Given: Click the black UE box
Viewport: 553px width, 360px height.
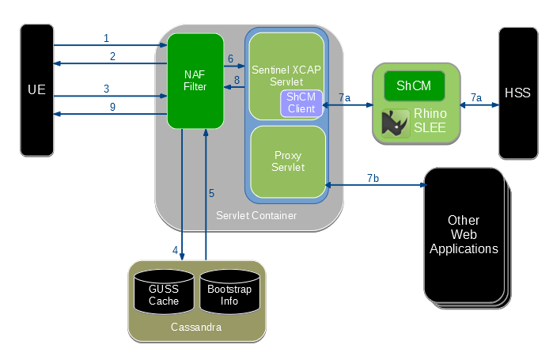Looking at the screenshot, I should (x=36, y=89).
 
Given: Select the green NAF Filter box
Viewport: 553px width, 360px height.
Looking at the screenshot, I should (x=195, y=80).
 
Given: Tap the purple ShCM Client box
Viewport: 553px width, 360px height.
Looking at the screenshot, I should (x=301, y=103).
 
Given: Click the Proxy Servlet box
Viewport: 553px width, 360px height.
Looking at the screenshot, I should (x=288, y=161).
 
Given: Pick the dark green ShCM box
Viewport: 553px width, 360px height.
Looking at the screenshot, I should (x=414, y=85).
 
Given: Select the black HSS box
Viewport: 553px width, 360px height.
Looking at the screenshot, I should (x=517, y=93).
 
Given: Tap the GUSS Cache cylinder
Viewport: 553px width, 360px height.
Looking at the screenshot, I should (x=164, y=295).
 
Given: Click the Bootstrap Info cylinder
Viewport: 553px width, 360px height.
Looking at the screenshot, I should (x=229, y=295).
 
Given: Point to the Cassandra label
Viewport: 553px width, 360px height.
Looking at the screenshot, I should (x=196, y=327).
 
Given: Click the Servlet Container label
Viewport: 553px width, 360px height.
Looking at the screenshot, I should (x=256, y=215).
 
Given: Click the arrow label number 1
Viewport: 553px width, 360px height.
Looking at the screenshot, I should (x=106, y=38).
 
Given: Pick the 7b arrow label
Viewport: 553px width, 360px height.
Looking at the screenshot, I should (x=373, y=178).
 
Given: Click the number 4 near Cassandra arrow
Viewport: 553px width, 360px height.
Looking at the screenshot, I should (x=176, y=250).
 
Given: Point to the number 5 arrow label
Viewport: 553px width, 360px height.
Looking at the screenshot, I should (x=211, y=193).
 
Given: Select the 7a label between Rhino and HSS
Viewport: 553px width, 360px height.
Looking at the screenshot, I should (x=475, y=97).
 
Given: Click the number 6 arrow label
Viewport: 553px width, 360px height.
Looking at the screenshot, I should (x=230, y=59).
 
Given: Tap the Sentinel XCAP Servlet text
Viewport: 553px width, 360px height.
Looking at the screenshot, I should (x=286, y=77).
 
